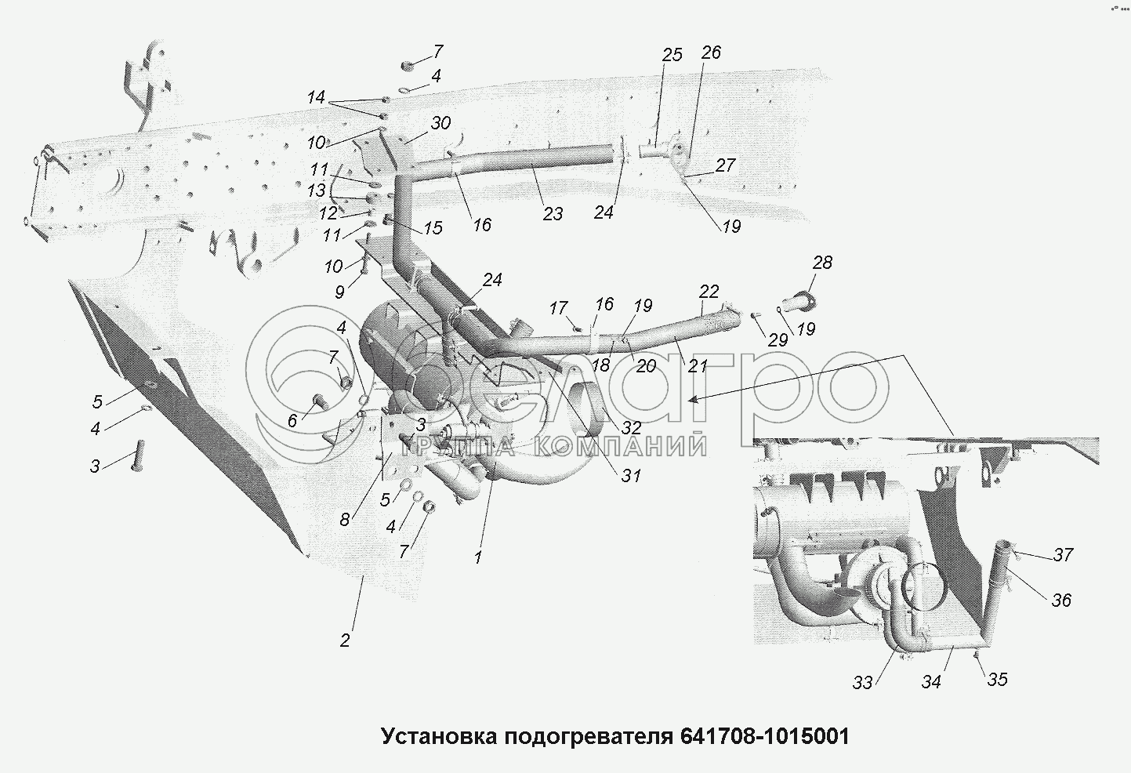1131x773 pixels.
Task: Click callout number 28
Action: coord(822,263)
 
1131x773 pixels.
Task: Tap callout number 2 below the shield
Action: coord(345,640)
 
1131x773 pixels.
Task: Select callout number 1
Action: coord(477,557)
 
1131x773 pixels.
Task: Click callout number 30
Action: coord(440,124)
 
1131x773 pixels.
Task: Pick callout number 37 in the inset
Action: coord(1063,555)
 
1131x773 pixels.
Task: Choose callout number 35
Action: coord(996,679)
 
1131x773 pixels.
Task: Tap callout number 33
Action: coord(863,682)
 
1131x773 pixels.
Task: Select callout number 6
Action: coord(292,421)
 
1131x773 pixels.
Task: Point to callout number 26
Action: coord(710,53)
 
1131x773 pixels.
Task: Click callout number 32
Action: coord(631,428)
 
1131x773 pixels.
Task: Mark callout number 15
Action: coord(433,228)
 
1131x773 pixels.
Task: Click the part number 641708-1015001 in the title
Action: coord(765,737)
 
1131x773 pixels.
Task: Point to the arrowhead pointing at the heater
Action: coord(691,399)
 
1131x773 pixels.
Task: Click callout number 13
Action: coord(316,191)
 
